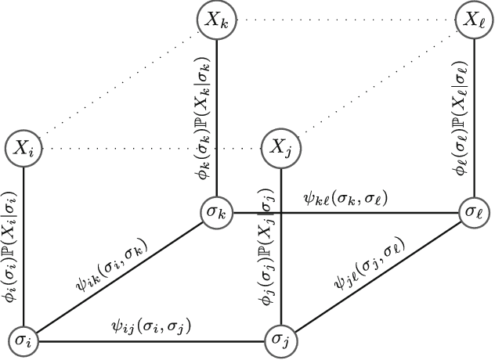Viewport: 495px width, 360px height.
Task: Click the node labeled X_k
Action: (x=216, y=20)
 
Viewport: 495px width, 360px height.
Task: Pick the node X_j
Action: (x=280, y=146)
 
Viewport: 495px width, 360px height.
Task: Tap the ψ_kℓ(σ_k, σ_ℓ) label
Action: (x=345, y=198)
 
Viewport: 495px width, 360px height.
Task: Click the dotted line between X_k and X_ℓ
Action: (x=345, y=20)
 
